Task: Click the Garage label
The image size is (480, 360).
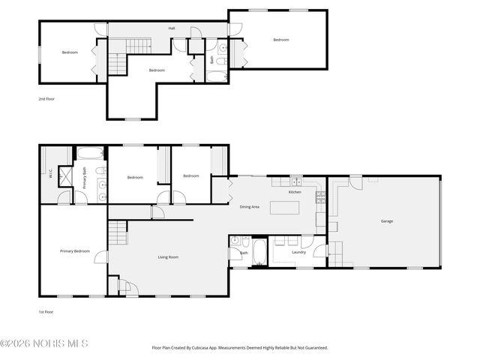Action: point(387,221)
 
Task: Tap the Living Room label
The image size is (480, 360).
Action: point(168,257)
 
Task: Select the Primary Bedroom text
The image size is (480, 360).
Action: point(75,251)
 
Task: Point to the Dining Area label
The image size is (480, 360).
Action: point(250,207)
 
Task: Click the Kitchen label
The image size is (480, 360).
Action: point(295,193)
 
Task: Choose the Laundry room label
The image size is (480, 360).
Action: point(298,253)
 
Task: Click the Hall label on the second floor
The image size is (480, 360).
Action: point(171,28)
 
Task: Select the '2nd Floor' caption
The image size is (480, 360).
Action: point(46,98)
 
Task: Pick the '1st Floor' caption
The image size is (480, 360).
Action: point(46,312)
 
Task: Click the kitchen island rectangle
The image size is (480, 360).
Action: point(284,208)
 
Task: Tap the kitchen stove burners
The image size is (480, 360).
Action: point(320,198)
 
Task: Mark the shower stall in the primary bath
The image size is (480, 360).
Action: point(65,177)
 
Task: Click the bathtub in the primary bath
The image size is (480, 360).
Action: point(90,154)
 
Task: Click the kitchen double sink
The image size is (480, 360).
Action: point(296,181)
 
